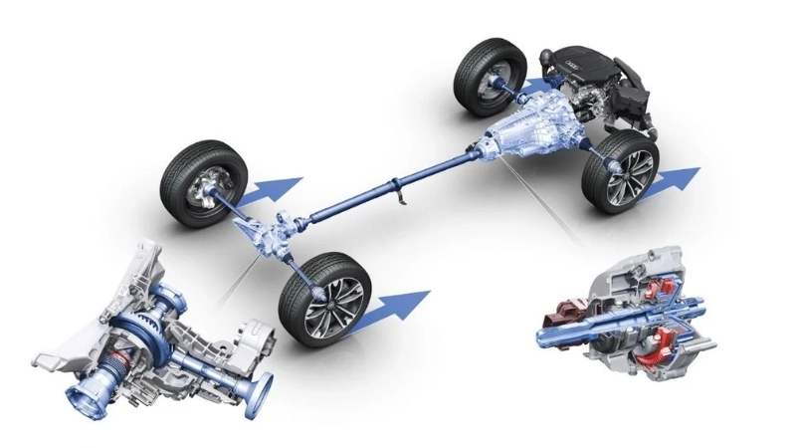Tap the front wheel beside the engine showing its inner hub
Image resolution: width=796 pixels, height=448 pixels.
[x=490, y=77]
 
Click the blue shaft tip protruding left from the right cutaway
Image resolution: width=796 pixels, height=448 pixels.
[x=547, y=332]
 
